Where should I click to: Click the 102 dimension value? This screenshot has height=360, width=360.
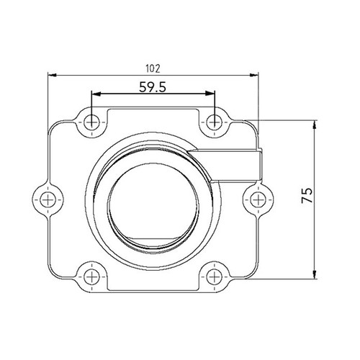(152, 69)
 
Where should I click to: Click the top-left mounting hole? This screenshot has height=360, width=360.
(91, 122)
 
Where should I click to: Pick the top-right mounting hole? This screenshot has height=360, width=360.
(214, 122)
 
